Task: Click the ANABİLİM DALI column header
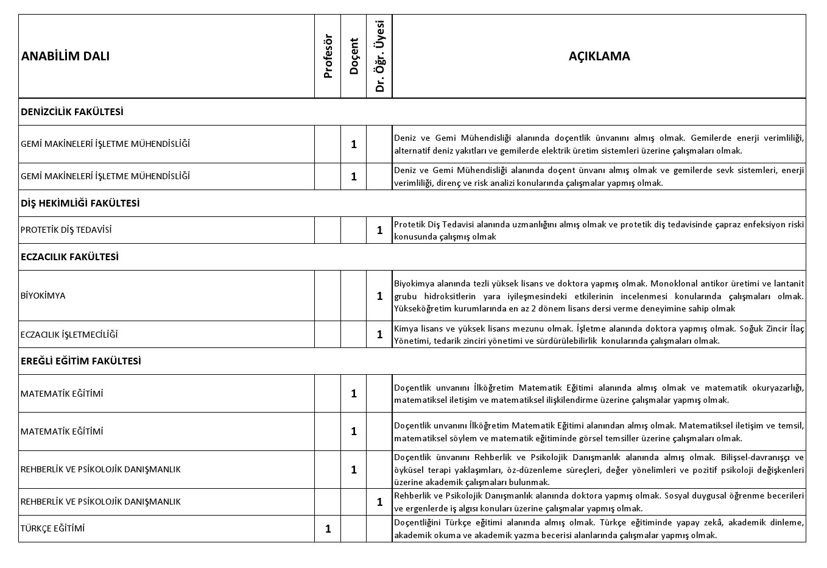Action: tap(65, 56)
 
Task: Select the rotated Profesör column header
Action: tap(328, 56)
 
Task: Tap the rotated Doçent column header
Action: tap(354, 56)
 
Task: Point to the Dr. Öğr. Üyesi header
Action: tap(380, 56)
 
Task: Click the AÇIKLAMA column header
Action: tap(599, 56)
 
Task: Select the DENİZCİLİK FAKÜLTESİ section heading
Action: tap(72, 112)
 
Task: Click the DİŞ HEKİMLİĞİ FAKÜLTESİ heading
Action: tap(80, 204)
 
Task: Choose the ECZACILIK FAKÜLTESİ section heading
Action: tap(69, 257)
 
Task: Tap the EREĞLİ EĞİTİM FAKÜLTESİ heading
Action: tap(80, 361)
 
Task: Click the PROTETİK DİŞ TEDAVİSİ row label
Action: tap(66, 230)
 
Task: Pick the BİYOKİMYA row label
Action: tap(43, 296)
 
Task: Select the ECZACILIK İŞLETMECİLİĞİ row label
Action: tap(69, 335)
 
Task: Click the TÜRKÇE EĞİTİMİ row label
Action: tap(52, 528)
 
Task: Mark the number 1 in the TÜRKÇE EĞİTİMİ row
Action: tap(328, 529)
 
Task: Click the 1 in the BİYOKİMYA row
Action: tap(380, 296)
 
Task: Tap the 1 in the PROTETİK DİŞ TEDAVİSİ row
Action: tap(380, 230)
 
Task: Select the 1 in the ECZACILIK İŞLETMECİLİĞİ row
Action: tap(380, 335)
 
